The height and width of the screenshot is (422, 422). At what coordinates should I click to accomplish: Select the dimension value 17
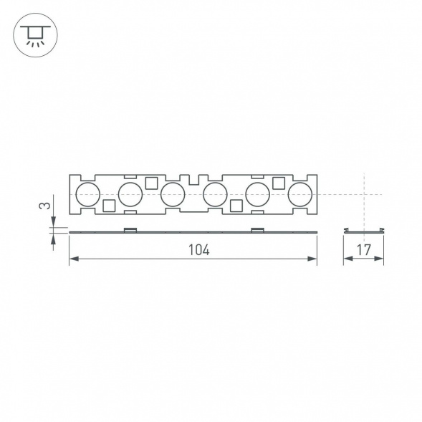coord(363,250)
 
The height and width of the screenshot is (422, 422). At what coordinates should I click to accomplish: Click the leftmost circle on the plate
coord(88,194)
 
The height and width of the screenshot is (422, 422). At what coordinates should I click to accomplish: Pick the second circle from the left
coord(130,194)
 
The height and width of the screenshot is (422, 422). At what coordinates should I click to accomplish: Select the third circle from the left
coord(173,194)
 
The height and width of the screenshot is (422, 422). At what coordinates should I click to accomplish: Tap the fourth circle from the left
coord(215,194)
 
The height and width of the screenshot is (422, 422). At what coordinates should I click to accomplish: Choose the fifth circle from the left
coord(257,194)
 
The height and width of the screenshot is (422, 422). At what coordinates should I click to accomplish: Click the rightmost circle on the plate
coord(299,194)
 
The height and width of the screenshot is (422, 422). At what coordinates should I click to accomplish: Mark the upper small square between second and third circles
coord(151,183)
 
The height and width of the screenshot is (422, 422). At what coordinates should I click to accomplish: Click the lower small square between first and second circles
coord(109,206)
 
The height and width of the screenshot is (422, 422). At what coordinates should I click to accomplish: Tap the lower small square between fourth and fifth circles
coord(236,206)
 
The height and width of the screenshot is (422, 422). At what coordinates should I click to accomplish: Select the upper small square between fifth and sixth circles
coord(278,183)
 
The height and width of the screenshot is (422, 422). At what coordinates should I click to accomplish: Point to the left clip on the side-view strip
coord(130,229)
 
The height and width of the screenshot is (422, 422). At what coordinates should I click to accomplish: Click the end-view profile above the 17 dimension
coord(363,230)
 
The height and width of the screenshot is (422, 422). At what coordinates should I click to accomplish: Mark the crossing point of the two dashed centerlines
coord(363,194)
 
